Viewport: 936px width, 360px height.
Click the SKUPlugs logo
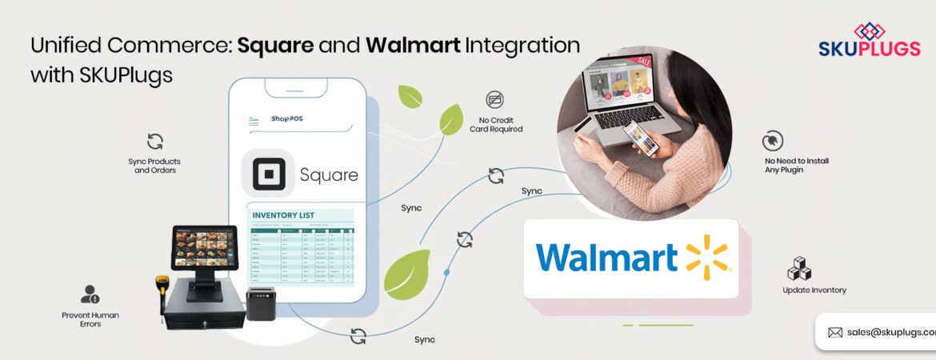[868, 40]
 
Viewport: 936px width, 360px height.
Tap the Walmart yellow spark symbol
[707, 257]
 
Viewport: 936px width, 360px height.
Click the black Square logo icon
[268, 174]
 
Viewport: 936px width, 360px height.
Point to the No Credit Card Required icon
[495, 100]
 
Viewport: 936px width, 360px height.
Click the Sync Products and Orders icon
[155, 142]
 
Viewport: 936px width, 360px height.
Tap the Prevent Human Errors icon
[90, 294]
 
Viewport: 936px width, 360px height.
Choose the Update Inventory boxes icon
[800, 269]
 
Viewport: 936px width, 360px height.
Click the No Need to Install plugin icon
[772, 141]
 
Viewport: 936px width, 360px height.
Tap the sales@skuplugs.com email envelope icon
[835, 332]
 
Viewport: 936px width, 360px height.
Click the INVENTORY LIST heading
[283, 215]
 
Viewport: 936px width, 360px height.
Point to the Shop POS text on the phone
[286, 119]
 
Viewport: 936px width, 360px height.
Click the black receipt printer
[260, 303]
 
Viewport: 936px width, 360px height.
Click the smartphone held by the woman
[642, 138]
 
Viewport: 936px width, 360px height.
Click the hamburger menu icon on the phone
[254, 122]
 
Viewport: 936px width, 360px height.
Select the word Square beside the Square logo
[329, 174]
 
